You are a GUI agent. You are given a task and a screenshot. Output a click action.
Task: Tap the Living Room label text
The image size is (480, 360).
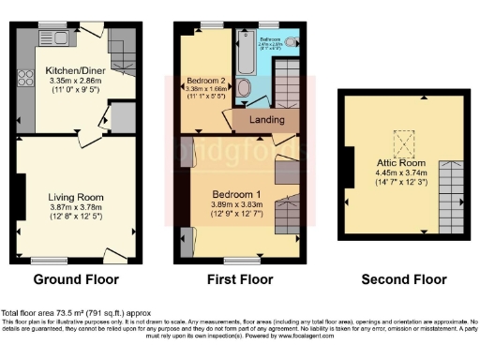pos(75,197)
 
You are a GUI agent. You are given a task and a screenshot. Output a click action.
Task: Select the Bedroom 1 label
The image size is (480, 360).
pos(238,193)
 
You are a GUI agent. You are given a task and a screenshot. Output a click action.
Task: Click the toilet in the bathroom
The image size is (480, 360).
pos(245,88)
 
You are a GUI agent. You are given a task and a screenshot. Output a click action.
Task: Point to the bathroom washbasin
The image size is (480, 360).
pos(290,41)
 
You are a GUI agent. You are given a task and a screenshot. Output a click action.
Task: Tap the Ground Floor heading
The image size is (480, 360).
pos(76,279)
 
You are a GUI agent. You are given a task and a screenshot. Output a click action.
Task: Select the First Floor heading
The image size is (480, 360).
pos(239,279)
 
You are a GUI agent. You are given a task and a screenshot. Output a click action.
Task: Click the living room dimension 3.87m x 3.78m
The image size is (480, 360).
pos(75,208)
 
